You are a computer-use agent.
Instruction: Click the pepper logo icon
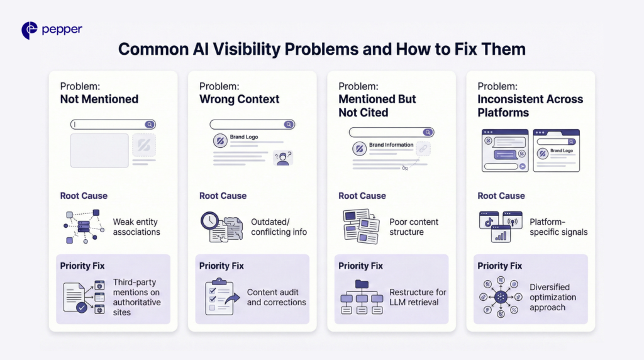(x=30, y=30)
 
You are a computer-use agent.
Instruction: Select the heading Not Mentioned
(x=99, y=99)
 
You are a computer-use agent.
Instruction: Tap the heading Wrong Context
(x=239, y=99)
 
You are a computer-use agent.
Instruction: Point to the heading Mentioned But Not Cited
(x=377, y=106)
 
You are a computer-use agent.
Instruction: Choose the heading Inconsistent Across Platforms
(x=530, y=106)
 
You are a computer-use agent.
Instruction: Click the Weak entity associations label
(x=136, y=227)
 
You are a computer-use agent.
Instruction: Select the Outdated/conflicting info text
(x=279, y=227)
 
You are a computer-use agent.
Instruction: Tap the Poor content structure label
(x=414, y=227)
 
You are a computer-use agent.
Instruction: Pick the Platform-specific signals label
(x=558, y=227)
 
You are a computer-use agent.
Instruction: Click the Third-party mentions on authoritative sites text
(x=136, y=297)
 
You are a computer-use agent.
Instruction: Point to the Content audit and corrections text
(x=276, y=297)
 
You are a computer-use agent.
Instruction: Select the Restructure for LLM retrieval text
(x=418, y=297)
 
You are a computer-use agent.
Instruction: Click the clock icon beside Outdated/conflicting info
(x=209, y=221)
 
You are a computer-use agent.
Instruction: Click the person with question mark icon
(x=283, y=158)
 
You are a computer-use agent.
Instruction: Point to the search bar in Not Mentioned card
(x=113, y=125)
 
